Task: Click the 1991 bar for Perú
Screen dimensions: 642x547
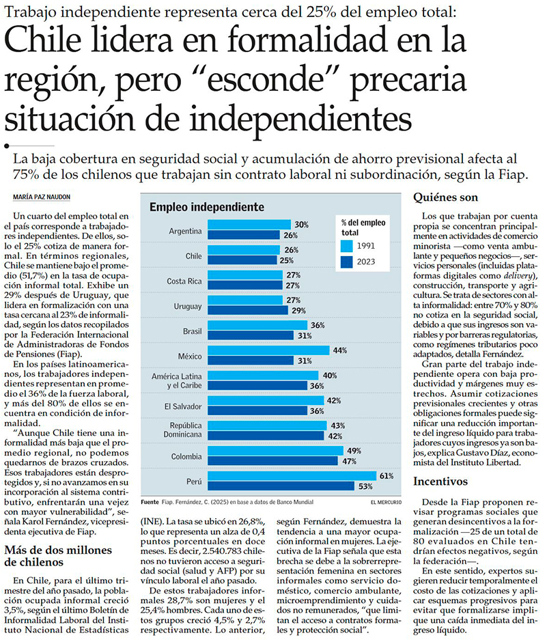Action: (291, 475)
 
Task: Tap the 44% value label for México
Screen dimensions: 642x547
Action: (340, 350)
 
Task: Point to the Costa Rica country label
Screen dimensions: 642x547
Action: (184, 281)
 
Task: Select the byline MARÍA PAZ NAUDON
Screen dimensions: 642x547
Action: (42, 197)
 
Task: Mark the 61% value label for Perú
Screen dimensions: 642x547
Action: (387, 475)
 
